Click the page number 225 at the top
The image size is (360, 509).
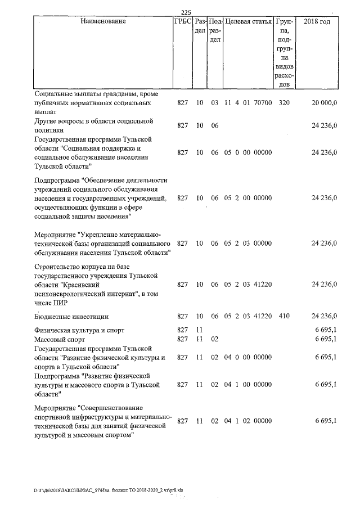pyautogui.click(x=187, y=13)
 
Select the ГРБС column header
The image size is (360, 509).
pyautogui.click(x=183, y=21)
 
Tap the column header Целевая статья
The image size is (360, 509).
pyautogui.click(x=248, y=21)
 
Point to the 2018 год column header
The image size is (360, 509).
pyautogui.click(x=317, y=21)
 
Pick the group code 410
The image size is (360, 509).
pyautogui.click(x=284, y=316)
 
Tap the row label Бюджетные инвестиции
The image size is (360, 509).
pyautogui.click(x=71, y=317)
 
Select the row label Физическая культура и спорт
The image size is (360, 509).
pyautogui.click(x=79, y=330)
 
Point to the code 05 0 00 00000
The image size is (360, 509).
pyautogui.click(x=248, y=152)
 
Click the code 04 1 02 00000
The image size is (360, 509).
pyautogui.click(x=248, y=421)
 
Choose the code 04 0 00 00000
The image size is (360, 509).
pyautogui.click(x=248, y=357)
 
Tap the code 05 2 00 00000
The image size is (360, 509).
pyautogui.click(x=248, y=198)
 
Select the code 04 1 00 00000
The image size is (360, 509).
pyautogui.click(x=248, y=385)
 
